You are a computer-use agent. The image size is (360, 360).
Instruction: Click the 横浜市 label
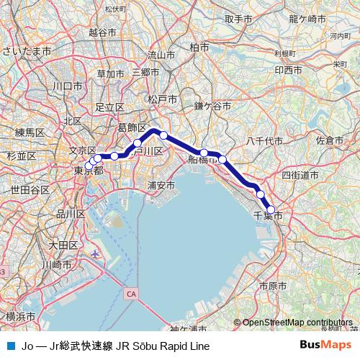(x=20, y=317)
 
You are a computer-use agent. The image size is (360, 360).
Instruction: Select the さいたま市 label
(x=27, y=52)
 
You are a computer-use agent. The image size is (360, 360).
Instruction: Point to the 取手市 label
(x=238, y=19)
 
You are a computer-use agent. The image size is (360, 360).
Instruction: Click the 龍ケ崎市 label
(x=307, y=19)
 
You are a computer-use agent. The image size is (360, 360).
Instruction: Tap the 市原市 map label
(x=273, y=286)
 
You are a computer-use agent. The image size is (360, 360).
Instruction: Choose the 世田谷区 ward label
(x=30, y=189)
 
